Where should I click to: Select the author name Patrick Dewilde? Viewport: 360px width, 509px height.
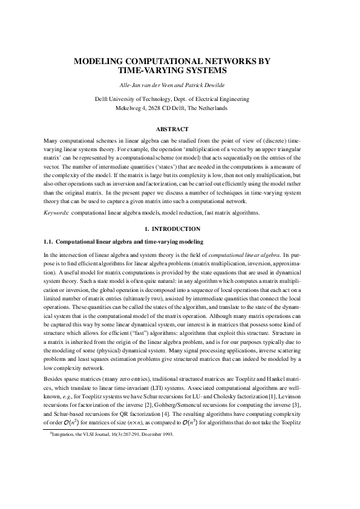tap(206, 84)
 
